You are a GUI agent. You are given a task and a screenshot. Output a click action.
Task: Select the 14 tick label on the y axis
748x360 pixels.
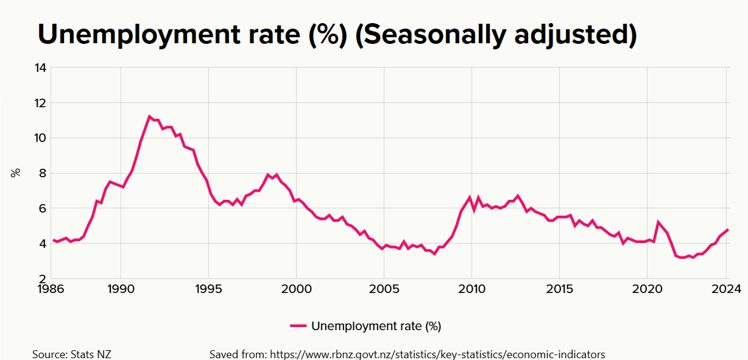(40, 68)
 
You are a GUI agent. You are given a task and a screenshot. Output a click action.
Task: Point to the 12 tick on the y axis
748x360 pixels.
(40, 103)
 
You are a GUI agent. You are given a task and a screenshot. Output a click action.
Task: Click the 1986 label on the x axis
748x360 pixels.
(51, 289)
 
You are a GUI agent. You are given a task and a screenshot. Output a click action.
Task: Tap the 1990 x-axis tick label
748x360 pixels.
(121, 289)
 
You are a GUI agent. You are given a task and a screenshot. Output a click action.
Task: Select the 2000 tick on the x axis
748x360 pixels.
(296, 289)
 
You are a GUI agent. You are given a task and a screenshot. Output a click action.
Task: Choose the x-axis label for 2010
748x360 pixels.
(471, 289)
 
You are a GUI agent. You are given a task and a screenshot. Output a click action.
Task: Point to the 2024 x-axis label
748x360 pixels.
(726, 289)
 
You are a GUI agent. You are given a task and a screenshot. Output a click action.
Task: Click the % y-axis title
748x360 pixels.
(16, 172)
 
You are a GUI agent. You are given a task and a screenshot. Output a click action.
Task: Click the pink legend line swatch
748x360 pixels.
(298, 326)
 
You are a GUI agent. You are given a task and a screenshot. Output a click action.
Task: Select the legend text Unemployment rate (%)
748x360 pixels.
(376, 326)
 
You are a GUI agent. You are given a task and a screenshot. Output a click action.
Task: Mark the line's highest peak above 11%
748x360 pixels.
(149, 116)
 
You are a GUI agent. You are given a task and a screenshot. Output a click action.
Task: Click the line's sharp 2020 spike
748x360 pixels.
(658, 222)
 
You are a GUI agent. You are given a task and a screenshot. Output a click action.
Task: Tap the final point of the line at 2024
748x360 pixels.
(727, 230)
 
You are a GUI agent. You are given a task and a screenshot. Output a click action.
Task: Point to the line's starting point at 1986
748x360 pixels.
(53, 240)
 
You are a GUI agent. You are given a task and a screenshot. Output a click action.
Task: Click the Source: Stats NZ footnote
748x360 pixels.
(72, 355)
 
